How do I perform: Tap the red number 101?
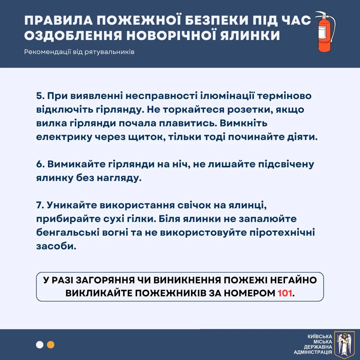pos(286,293)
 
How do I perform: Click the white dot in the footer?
pos(40,345)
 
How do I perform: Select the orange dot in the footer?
pos(51,345)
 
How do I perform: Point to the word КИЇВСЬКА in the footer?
pos(320,337)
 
